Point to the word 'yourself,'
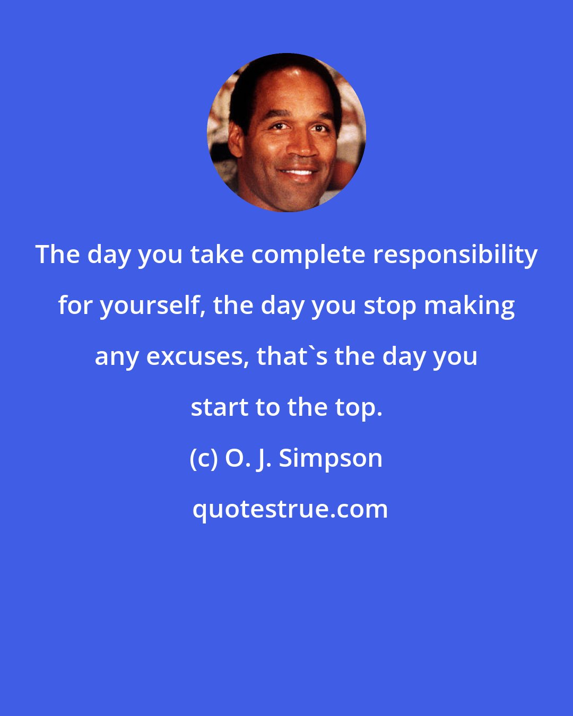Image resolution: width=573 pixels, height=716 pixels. (150, 306)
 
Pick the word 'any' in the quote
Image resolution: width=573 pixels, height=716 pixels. (117, 357)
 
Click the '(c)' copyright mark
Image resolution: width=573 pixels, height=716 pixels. (204, 459)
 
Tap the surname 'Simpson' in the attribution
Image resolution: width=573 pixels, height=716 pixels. (331, 459)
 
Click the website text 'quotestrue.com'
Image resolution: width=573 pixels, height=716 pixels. (290, 510)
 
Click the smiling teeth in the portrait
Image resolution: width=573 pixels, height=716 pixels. (299, 173)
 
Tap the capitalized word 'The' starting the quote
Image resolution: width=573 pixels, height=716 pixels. (57, 255)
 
